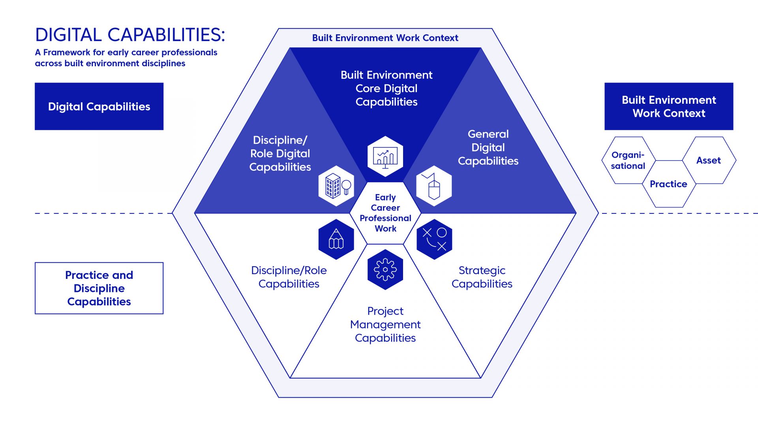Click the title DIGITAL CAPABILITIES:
(x=130, y=35)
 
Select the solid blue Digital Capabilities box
(x=99, y=106)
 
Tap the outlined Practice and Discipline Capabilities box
(x=99, y=288)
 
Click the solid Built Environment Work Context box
(x=669, y=106)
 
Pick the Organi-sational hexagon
(x=628, y=160)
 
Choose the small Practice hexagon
(x=668, y=184)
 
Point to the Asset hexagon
(x=709, y=160)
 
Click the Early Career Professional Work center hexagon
(x=385, y=213)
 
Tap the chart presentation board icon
(x=385, y=157)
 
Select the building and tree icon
(x=336, y=186)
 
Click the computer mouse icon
(x=434, y=186)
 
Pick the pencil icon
(x=336, y=239)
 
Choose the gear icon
(x=385, y=269)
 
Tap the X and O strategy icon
(x=434, y=239)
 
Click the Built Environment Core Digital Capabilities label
(x=387, y=88)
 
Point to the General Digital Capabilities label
(x=488, y=148)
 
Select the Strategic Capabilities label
(x=482, y=277)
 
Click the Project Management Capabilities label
(x=385, y=324)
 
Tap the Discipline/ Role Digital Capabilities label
(x=280, y=153)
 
